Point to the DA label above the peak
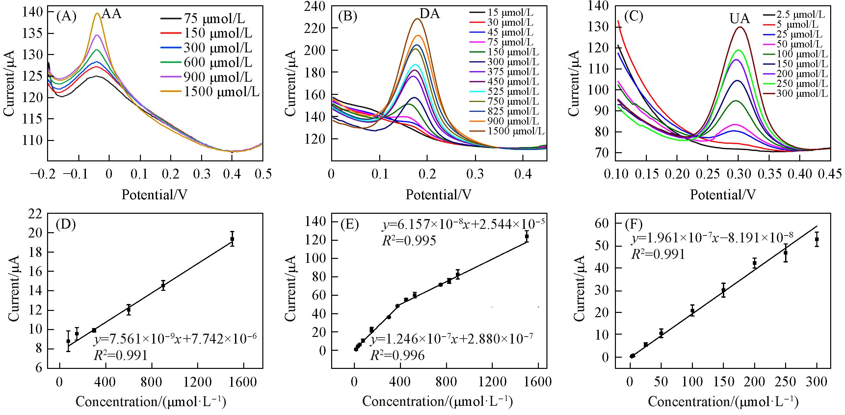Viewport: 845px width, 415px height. [x=430, y=14]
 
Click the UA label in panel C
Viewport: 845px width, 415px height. [x=739, y=19]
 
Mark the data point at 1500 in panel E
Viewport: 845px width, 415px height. [x=527, y=236]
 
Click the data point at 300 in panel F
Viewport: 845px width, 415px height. [x=817, y=239]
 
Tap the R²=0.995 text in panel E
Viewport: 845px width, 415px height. [x=409, y=241]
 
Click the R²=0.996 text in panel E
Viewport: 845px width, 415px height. [x=397, y=355]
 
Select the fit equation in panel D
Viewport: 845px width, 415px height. [x=175, y=339]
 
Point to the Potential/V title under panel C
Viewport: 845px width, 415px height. [x=723, y=195]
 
